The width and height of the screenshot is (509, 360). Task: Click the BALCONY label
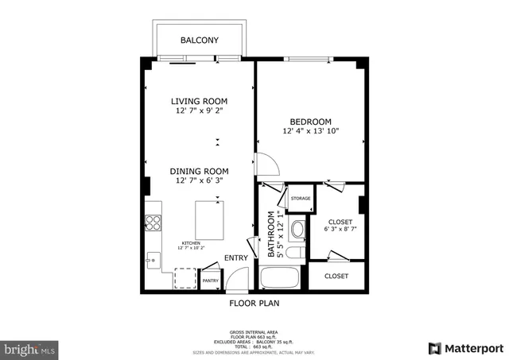pos(199,41)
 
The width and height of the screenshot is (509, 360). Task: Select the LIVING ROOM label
pos(200,101)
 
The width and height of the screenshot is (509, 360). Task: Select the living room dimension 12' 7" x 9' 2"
pos(200,111)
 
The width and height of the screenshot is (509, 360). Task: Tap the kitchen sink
pos(152,258)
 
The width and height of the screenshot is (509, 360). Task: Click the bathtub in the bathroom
pos(279,279)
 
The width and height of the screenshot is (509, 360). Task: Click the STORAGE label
pos(300,199)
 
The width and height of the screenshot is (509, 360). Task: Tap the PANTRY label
pos(210,281)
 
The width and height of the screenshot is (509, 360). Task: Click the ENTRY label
pos(235,257)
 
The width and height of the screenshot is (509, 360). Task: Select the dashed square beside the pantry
pos(185,278)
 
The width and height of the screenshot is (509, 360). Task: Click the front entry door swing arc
pos(237,279)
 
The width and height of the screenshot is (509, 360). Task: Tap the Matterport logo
pos(466,348)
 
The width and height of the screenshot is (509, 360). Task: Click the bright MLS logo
pos(30,348)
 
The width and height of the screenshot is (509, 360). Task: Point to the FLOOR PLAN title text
pos(254,303)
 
